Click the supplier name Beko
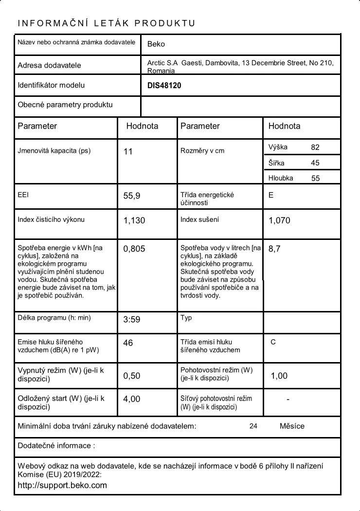click(x=156, y=44)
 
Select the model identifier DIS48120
click(x=164, y=86)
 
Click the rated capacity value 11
click(x=128, y=152)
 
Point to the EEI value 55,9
click(x=132, y=196)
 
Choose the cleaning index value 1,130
click(x=134, y=220)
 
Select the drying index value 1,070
click(x=279, y=220)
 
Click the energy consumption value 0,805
click(x=134, y=249)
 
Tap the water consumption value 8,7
click(x=274, y=249)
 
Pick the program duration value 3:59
click(x=132, y=320)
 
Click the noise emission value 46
click(x=128, y=343)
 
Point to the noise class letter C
click(x=273, y=342)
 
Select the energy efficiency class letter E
click(x=271, y=195)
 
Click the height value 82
click(x=315, y=147)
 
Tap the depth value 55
click(x=315, y=178)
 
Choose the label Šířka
click(x=276, y=163)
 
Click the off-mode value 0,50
click(x=132, y=376)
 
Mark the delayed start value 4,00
click(x=132, y=399)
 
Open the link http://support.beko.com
click(x=62, y=485)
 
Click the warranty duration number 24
click(x=253, y=426)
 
